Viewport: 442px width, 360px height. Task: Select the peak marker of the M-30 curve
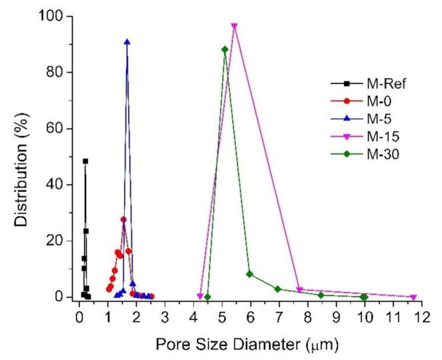pyautogui.click(x=225, y=49)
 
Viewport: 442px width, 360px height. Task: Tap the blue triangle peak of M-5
pyautogui.click(x=127, y=41)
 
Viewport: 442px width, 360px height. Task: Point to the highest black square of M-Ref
pyautogui.click(x=85, y=161)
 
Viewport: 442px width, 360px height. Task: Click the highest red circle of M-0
pyautogui.click(x=123, y=219)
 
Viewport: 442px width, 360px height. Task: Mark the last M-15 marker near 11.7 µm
pyautogui.click(x=413, y=297)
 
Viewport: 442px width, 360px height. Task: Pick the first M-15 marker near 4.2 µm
pyautogui.click(x=200, y=296)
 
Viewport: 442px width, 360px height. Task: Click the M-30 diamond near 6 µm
pyautogui.click(x=249, y=274)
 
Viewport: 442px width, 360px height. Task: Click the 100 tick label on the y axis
pyautogui.click(x=58, y=16)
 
